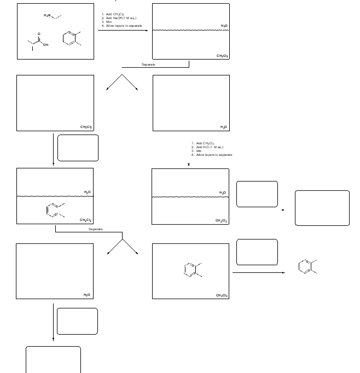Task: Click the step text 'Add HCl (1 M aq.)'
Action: point(208,147)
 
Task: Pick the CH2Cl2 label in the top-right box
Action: point(222,56)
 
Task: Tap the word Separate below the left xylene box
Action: point(96,229)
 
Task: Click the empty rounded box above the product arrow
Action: point(257,252)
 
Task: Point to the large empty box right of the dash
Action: point(322,208)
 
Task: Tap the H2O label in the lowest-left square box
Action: point(87,295)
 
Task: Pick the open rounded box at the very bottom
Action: point(53,359)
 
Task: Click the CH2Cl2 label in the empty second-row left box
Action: point(85,127)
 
